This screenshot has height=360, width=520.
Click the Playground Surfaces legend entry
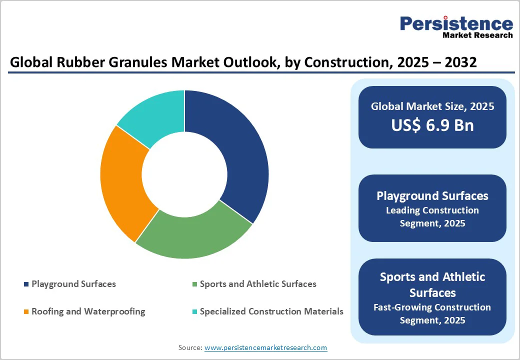click(x=73, y=284)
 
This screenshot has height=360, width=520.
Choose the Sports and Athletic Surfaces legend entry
click(x=257, y=284)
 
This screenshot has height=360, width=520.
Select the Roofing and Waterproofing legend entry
click(x=88, y=311)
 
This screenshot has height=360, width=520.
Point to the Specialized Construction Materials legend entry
click(x=271, y=311)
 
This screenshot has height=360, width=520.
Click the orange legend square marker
click(x=26, y=312)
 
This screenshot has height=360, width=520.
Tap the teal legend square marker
click(x=194, y=312)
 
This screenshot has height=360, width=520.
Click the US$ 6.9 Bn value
click(x=432, y=125)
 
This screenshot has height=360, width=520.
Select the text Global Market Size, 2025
click(x=432, y=106)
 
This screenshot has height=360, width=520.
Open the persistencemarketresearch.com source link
click(x=265, y=347)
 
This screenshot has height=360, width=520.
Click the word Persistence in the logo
click(x=456, y=23)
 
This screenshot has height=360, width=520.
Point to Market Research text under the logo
click(x=477, y=35)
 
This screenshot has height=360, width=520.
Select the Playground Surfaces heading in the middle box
click(x=432, y=195)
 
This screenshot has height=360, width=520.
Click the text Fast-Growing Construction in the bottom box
click(x=432, y=307)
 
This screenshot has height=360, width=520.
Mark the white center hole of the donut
click(x=184, y=174)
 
